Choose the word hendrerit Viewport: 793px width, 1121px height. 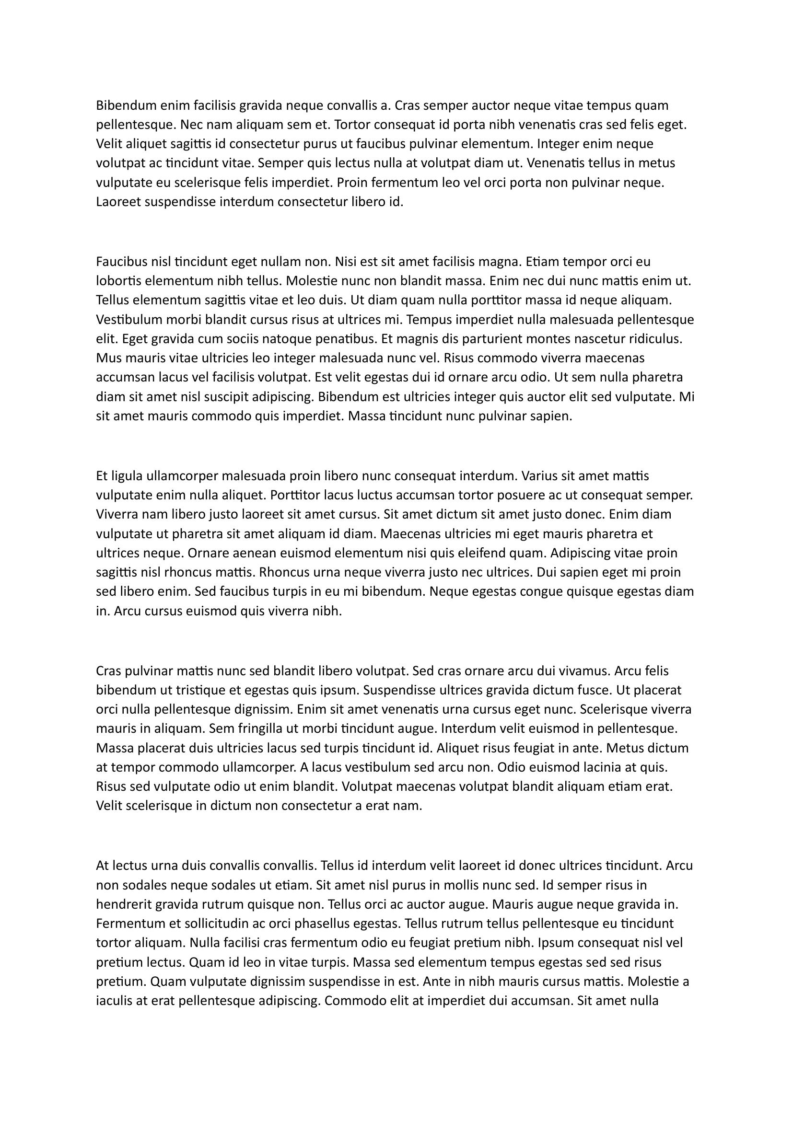(124, 904)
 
